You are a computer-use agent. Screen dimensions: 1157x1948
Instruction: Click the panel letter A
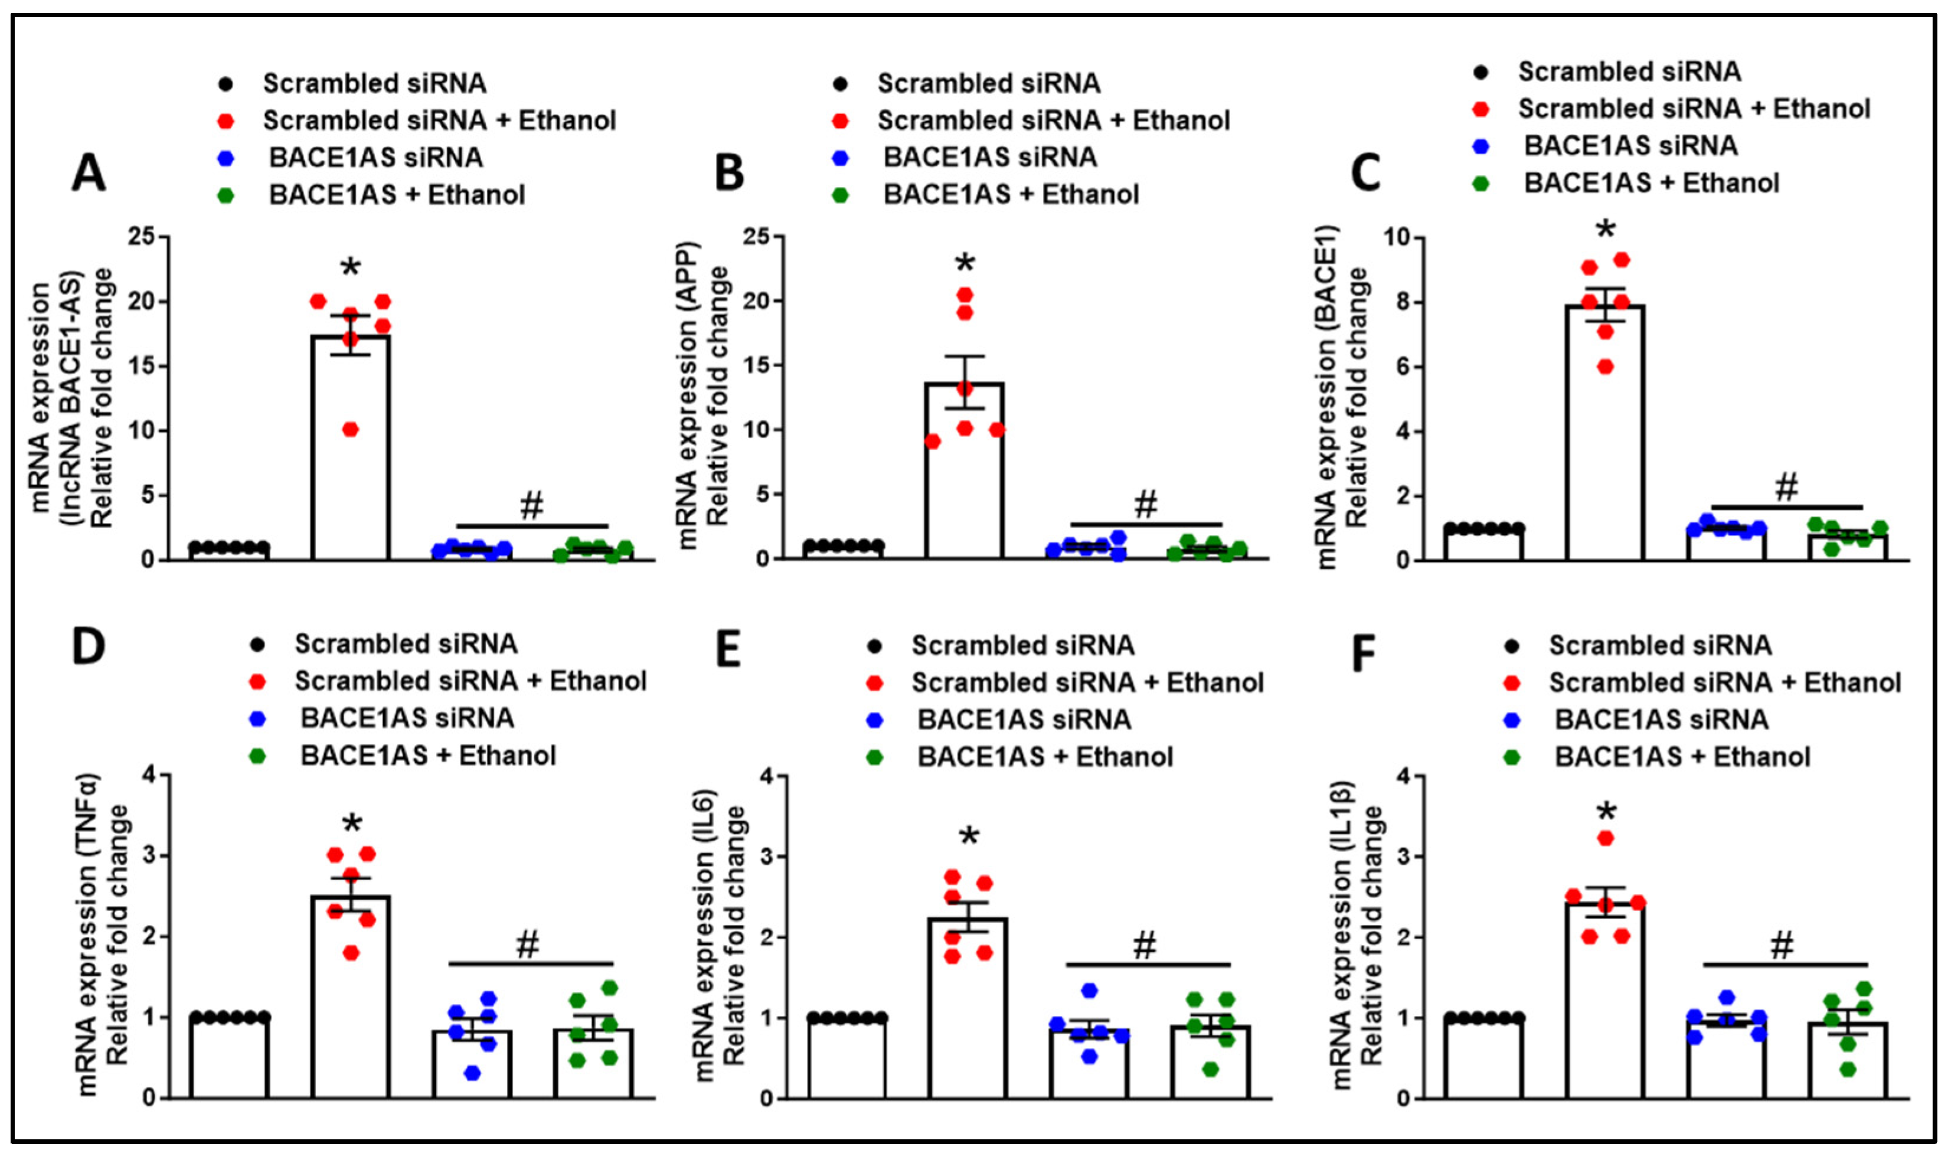[x=88, y=173]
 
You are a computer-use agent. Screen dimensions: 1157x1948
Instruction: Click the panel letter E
[x=728, y=647]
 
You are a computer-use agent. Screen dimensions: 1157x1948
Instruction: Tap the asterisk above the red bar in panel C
[x=1605, y=231]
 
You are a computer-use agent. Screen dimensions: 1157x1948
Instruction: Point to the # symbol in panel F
[x=1782, y=946]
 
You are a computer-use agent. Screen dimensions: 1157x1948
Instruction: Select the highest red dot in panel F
[x=1606, y=838]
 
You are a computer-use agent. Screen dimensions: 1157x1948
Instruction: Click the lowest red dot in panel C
[x=1606, y=367]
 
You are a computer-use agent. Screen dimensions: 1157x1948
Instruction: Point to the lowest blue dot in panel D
[x=472, y=1073]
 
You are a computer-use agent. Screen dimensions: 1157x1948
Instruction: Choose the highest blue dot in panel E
[x=1089, y=990]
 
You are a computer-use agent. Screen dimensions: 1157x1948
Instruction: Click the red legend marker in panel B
[x=841, y=121]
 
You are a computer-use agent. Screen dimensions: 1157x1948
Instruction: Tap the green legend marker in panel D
[x=257, y=756]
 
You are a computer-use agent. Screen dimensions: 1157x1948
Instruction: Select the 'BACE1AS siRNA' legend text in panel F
[x=1661, y=719]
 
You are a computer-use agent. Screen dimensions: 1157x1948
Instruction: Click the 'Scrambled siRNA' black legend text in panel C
[x=1629, y=72]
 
